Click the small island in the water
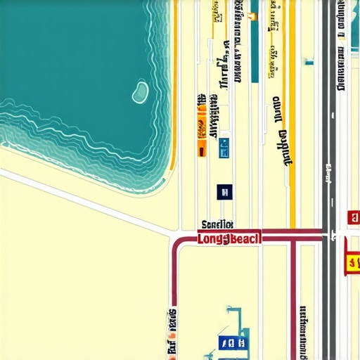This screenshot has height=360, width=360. click(141, 91)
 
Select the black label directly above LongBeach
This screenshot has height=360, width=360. click(217, 225)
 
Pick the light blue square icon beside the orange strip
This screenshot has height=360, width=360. click(224, 147)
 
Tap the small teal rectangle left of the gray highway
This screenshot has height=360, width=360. click(308, 63)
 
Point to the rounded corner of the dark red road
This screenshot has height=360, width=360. click(176, 243)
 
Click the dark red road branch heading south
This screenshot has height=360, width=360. click(293, 302)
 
